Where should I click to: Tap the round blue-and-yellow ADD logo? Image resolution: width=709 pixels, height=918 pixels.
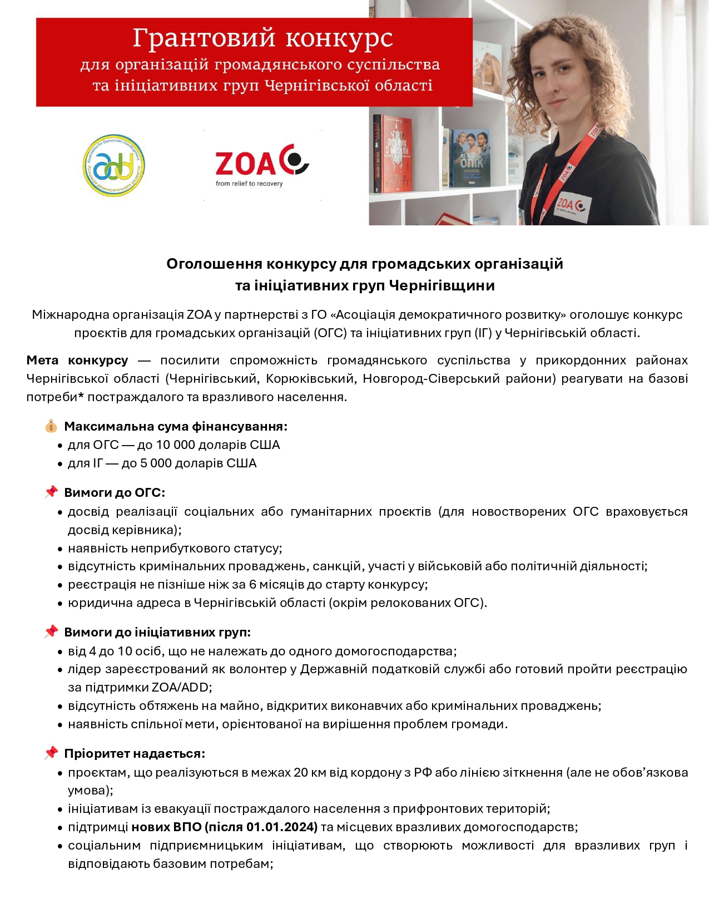point(113,165)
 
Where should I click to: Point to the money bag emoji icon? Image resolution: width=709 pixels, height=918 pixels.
point(51,427)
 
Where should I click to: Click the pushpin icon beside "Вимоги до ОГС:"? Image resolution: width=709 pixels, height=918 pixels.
point(51,492)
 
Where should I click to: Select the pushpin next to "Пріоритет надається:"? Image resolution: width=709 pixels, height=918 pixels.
point(51,753)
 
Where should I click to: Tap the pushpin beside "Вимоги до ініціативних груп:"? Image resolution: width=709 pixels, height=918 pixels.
point(51,632)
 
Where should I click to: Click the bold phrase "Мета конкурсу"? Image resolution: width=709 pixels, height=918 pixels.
point(77,361)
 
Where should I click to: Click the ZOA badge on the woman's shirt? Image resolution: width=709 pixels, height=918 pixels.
point(572,208)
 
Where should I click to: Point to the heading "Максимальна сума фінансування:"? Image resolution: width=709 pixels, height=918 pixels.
point(176,427)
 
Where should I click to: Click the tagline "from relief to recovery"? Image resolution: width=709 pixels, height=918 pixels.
point(249,184)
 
